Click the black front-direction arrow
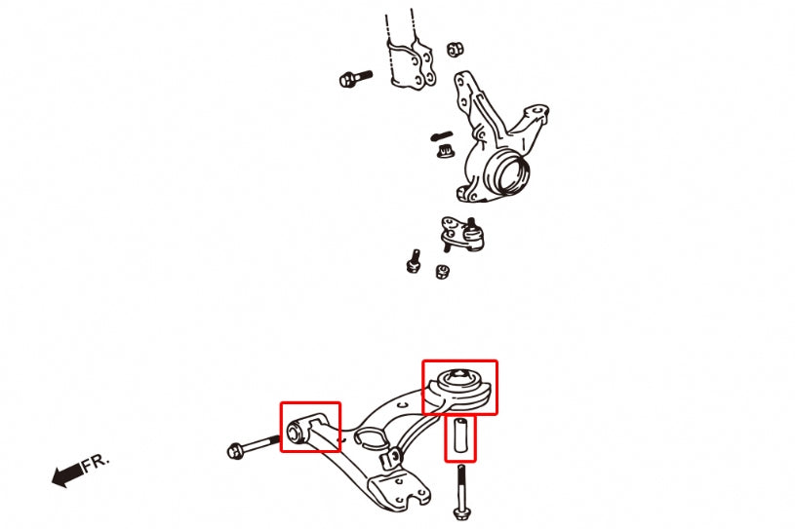click(66, 475)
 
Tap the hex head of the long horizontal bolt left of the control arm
click(235, 450)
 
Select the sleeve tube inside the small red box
click(461, 437)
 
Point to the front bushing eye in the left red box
click(298, 430)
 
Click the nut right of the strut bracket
click(454, 49)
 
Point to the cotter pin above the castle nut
click(442, 133)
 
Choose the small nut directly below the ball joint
click(441, 270)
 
